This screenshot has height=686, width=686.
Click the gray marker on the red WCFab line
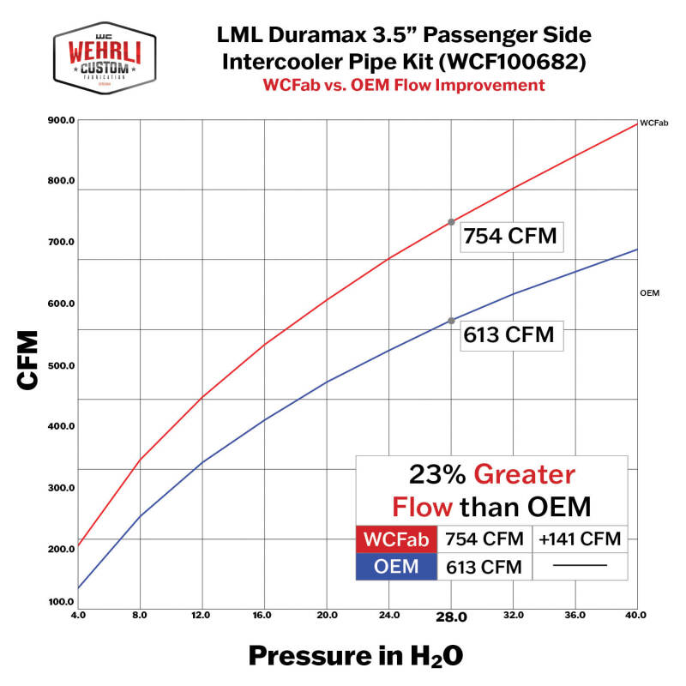coord(452,222)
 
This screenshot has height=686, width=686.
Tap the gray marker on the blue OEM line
coord(452,321)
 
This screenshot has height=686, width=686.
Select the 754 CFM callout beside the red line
coord(509,236)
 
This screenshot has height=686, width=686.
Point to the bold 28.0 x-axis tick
coord(451,617)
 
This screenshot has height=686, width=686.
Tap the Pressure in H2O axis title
coord(355,656)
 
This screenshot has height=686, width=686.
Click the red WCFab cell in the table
coord(395,540)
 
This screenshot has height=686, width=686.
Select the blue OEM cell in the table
coord(395,567)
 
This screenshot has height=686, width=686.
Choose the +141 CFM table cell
coord(580,540)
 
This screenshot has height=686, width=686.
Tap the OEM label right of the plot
coord(649,293)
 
